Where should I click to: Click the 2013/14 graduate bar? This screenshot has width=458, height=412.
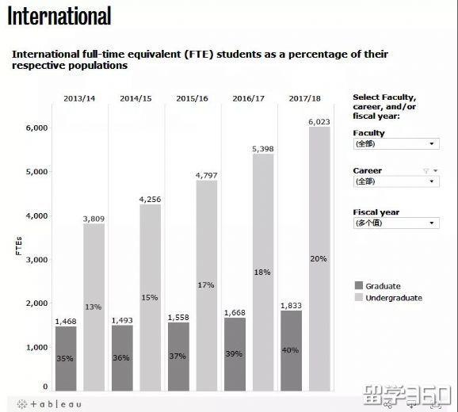(x=66, y=358)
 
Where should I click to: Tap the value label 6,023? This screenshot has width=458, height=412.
(x=319, y=121)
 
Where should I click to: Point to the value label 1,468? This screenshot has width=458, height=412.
(x=66, y=321)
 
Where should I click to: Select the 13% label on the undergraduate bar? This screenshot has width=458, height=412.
(x=94, y=307)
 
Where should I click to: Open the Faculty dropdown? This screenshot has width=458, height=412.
(x=395, y=144)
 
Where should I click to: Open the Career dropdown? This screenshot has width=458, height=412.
(x=395, y=181)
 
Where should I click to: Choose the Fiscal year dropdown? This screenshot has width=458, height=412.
(x=395, y=223)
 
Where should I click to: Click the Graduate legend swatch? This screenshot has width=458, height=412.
(x=358, y=286)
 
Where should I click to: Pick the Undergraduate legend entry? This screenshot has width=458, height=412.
(x=393, y=298)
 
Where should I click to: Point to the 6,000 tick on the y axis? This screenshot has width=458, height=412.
(x=37, y=128)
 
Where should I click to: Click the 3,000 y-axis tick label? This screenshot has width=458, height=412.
(x=37, y=259)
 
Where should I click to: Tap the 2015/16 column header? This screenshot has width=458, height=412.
(x=193, y=98)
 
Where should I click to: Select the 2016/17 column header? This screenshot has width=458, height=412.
(x=249, y=98)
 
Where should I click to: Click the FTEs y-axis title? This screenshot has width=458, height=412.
(x=18, y=246)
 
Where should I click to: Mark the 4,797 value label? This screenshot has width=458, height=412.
(x=207, y=175)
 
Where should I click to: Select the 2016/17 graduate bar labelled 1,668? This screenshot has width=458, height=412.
(x=235, y=354)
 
